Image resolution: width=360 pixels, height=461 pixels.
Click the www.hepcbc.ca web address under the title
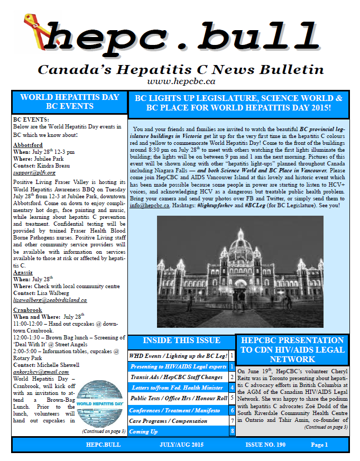[181, 81]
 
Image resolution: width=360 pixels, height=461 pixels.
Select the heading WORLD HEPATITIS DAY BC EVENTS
[70, 102]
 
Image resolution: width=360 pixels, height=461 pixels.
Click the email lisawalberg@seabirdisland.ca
[50, 300]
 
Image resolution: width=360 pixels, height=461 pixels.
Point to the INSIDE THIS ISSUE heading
[181, 340]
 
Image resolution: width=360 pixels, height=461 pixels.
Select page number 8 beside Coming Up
[232, 431]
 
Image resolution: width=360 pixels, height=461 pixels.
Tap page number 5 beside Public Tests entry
[232, 398]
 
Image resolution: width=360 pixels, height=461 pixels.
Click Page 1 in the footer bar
[319, 445]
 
